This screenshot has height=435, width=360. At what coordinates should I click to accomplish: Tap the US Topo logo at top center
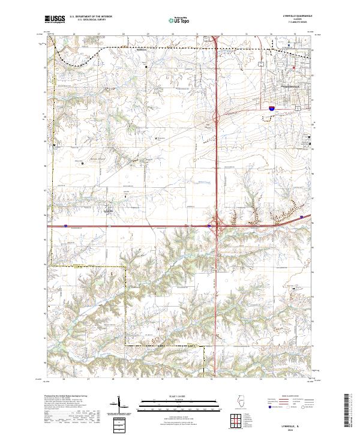(x=174, y=20)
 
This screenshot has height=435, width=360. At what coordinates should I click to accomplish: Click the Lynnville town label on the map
(x=109, y=210)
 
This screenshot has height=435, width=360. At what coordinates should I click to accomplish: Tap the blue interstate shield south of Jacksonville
(x=272, y=109)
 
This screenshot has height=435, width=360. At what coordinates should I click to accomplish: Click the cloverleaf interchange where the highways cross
(x=216, y=226)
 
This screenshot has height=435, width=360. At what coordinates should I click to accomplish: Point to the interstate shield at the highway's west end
(x=65, y=226)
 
